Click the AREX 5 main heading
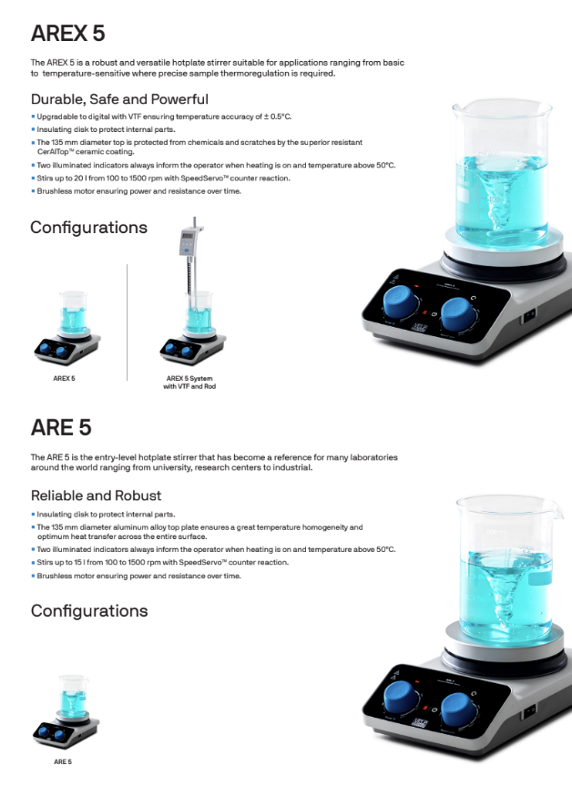click(x=67, y=33)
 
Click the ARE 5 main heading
click(x=61, y=427)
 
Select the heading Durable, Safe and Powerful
click(x=119, y=98)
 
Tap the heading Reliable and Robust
click(x=96, y=495)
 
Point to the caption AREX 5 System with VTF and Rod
click(x=189, y=383)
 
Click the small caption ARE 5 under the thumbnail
click(x=63, y=761)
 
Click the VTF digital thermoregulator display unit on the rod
click(x=188, y=240)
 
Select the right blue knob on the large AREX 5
click(x=458, y=315)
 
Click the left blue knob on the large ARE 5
click(x=402, y=698)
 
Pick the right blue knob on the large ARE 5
click(x=459, y=709)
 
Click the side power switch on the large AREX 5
click(x=529, y=315)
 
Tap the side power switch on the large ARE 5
click(x=529, y=709)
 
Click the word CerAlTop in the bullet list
click(x=52, y=152)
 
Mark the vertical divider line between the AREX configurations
click(x=128, y=322)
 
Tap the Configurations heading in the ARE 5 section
click(x=89, y=611)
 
